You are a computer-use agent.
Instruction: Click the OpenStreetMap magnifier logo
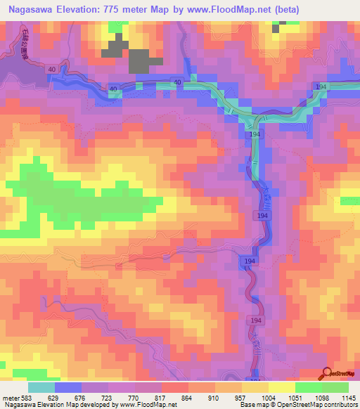tap(328, 374)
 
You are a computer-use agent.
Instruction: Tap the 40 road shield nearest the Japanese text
tap(51, 70)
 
